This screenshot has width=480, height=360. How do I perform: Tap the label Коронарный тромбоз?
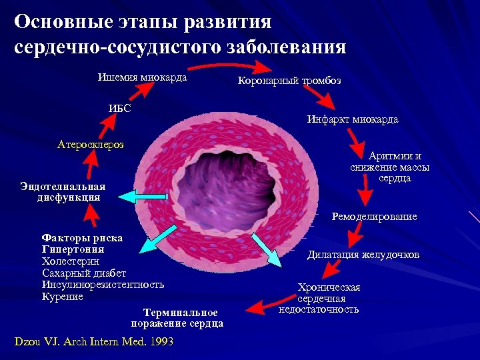tap(289, 81)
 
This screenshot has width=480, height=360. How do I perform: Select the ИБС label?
tap(119, 109)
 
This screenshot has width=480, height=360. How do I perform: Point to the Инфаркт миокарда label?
tap(353, 119)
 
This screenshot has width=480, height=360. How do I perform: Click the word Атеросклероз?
tap(91, 144)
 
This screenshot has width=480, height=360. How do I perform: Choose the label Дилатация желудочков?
tap(363, 255)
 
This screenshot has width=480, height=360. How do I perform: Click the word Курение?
tap(62, 297)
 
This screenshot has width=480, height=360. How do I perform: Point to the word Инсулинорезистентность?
tap(103, 285)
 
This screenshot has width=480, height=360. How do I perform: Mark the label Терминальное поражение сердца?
tap(177, 318)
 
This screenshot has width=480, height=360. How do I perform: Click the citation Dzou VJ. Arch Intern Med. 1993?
tap(93, 342)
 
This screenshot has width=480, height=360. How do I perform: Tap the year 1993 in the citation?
tap(161, 342)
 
